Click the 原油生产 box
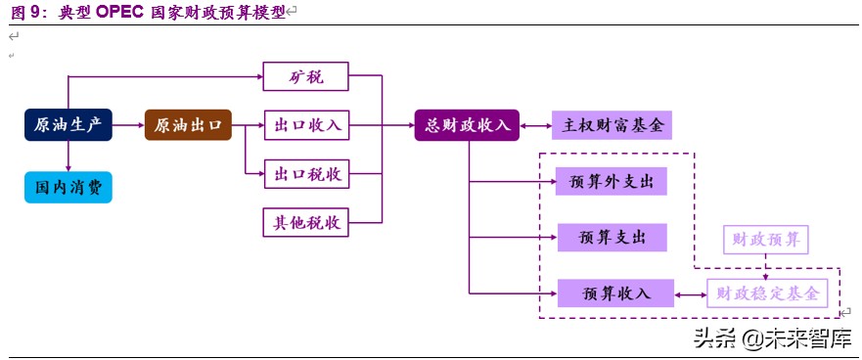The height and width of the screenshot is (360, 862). point(68,124)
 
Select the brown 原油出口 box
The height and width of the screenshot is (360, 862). point(189,124)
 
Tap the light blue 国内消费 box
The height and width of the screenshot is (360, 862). point(68,186)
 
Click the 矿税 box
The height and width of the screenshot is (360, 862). point(306,76)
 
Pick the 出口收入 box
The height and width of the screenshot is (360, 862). point(306,125)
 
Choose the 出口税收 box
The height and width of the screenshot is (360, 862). point(306,173)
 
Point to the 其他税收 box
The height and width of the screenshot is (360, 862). point(306,222)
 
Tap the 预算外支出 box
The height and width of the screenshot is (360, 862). point(611,181)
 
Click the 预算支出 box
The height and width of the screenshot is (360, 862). point(611,237)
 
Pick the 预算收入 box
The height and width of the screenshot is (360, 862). point(615,292)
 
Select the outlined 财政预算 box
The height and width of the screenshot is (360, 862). point(765,238)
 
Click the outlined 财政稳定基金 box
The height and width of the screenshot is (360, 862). point(767,292)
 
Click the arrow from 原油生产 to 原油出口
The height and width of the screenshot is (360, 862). point(129,124)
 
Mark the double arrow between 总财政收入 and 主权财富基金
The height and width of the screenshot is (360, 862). point(536,125)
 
